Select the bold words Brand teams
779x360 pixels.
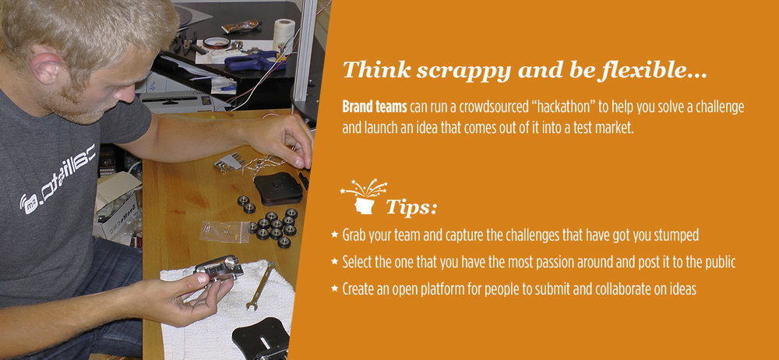click(x=375, y=107)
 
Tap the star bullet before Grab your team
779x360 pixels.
click(x=334, y=235)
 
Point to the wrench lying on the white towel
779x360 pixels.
click(x=260, y=285)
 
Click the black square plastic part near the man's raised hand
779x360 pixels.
click(x=278, y=188)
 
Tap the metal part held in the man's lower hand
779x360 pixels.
click(x=219, y=269)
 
